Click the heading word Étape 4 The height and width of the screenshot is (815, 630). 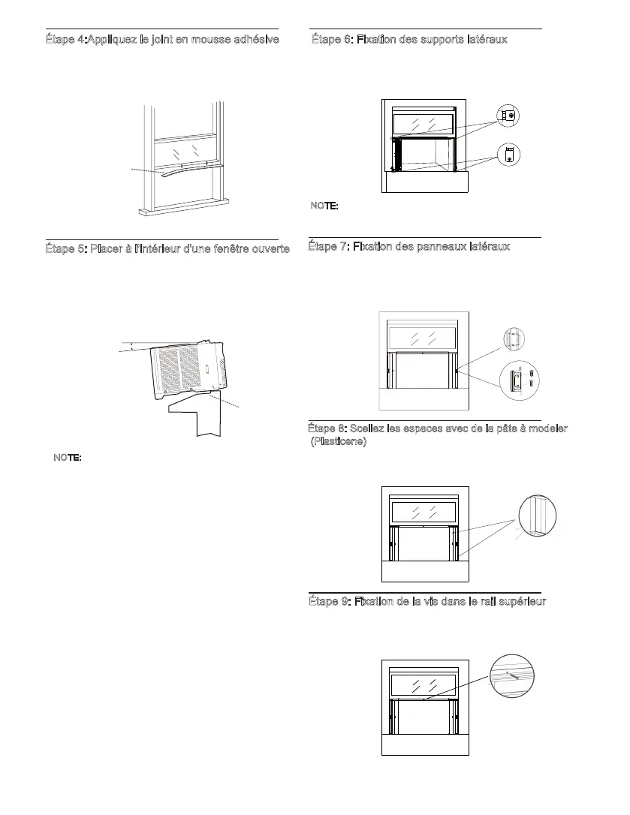(65, 38)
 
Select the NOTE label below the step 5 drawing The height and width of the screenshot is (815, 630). (68, 457)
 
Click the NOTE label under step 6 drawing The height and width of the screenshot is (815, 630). (324, 205)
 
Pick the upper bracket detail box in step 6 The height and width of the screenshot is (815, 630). (508, 116)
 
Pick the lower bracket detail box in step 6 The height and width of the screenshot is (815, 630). (508, 155)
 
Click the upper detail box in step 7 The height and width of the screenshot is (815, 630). (513, 339)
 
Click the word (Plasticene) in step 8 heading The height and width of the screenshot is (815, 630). (339, 441)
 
